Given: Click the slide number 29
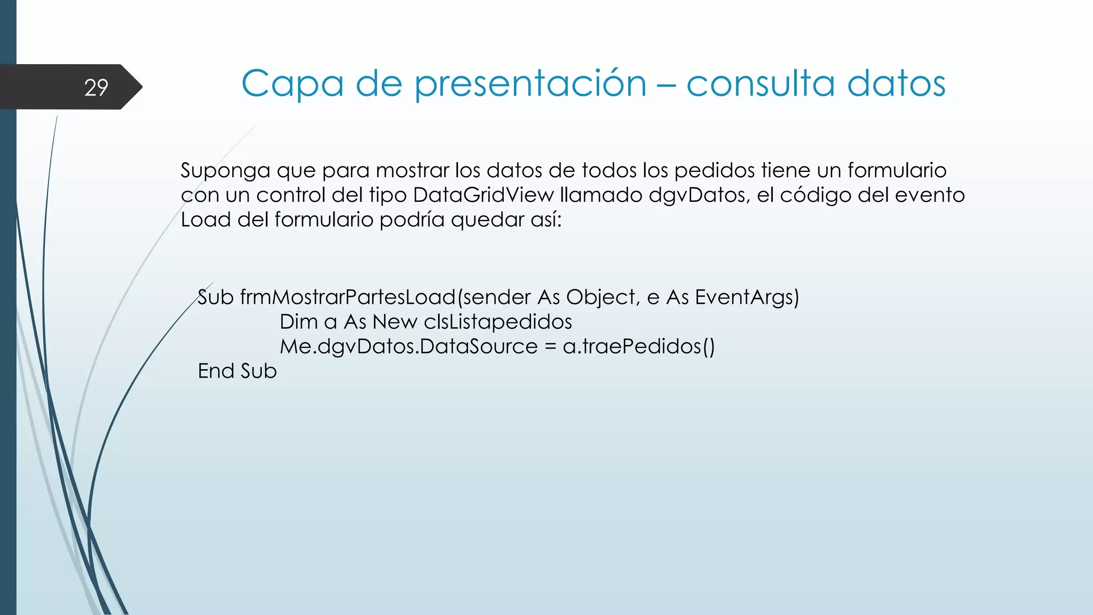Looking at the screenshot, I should (96, 88).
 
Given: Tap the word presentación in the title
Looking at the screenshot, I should (530, 84).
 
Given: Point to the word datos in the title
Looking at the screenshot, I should (896, 84).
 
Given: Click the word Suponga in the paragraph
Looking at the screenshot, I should (225, 171).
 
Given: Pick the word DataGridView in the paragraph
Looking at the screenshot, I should (484, 195).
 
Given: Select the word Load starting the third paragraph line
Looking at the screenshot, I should (205, 220).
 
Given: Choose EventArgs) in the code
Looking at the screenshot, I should (747, 297).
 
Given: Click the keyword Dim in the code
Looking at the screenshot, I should (298, 322).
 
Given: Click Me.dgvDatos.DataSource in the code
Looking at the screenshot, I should (409, 346).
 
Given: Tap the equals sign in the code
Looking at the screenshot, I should (550, 347).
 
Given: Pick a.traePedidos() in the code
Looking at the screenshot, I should (638, 346).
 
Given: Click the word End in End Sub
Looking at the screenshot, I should (216, 371).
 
